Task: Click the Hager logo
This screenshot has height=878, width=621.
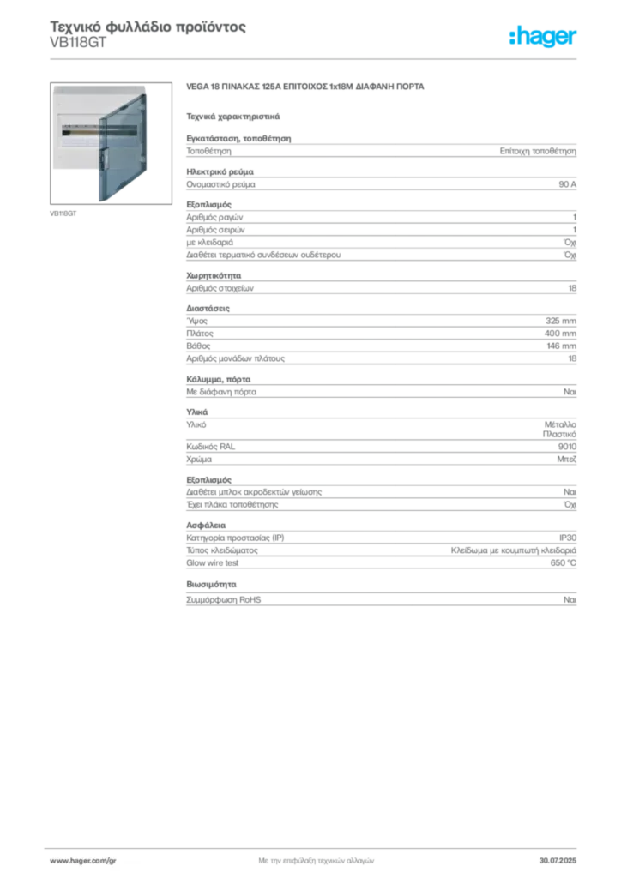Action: [542, 37]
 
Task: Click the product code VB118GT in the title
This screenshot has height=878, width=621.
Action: [78, 43]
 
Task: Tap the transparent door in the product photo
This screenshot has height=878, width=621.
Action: [123, 147]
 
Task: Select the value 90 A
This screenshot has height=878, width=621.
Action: [567, 184]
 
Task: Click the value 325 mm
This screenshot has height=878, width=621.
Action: [560, 321]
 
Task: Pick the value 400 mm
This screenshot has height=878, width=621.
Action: [560, 334]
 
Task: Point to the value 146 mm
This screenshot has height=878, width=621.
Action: [561, 346]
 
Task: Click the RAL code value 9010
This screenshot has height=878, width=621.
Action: [567, 446]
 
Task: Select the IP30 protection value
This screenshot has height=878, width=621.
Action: [567, 538]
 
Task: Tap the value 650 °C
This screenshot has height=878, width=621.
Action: [563, 562]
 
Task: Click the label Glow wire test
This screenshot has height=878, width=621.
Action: [212, 562]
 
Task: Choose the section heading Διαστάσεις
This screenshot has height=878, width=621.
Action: [208, 308]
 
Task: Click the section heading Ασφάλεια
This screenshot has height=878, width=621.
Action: [206, 526]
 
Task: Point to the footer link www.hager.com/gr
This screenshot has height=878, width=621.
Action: [83, 861]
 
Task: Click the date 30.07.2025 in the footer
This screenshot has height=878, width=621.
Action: [558, 861]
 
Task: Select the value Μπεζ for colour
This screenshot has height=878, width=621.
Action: [566, 460]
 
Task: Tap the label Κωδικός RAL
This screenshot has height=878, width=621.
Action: [210, 446]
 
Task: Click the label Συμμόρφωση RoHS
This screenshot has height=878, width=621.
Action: [223, 599]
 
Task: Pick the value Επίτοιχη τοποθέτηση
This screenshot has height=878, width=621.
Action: [538, 151]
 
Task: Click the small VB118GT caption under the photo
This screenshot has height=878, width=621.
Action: [63, 213]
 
